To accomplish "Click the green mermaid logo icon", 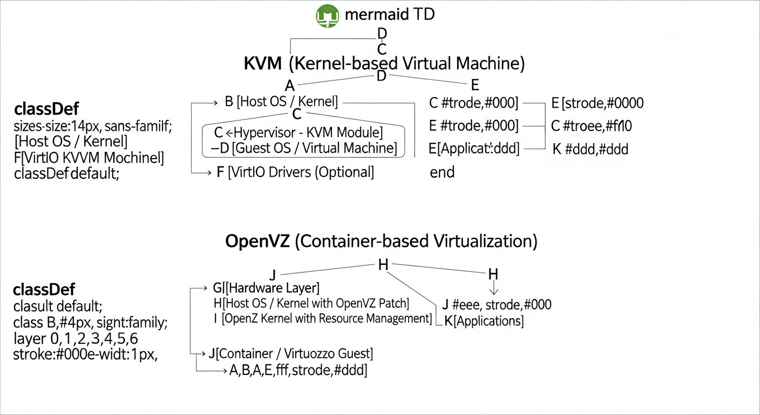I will (327, 16).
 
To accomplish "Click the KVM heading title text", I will (384, 63).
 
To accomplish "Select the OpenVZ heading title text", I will (381, 241).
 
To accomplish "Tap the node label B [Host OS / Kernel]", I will (281, 102).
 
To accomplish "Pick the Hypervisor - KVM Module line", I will (298, 132).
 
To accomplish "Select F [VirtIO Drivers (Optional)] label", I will (295, 172).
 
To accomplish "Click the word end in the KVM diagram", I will (442, 172).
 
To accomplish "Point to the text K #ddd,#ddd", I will (590, 149).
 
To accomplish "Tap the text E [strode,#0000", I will (597, 103).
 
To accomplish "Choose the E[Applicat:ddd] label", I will (473, 149).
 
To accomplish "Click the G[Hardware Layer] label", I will (267, 287).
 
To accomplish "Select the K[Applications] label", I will (484, 321).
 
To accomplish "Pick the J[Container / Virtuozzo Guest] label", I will (290, 354).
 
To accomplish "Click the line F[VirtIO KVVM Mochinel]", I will (89, 158).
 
